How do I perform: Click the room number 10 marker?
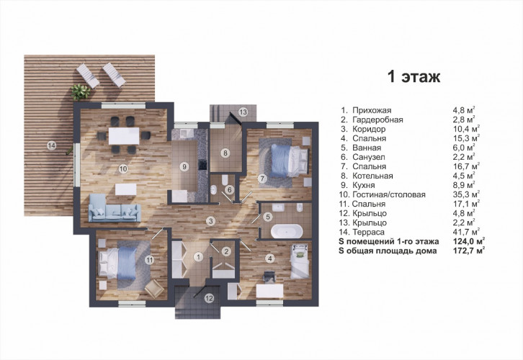point(123,168)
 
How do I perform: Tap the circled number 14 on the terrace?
point(51,145)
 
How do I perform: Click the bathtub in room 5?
point(287,232)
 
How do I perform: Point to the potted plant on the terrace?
point(81,92)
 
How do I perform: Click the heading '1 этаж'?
point(414,76)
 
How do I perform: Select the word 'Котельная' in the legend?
point(372,176)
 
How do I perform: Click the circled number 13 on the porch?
point(243,112)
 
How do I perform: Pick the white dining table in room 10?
point(124,135)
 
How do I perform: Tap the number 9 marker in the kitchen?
point(184,166)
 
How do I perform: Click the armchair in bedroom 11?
point(154,289)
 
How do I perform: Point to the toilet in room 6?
point(225,180)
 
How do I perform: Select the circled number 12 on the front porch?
point(209,299)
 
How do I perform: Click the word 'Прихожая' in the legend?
point(372,110)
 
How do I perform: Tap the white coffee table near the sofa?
point(126,189)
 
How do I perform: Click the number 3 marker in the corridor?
point(210,220)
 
